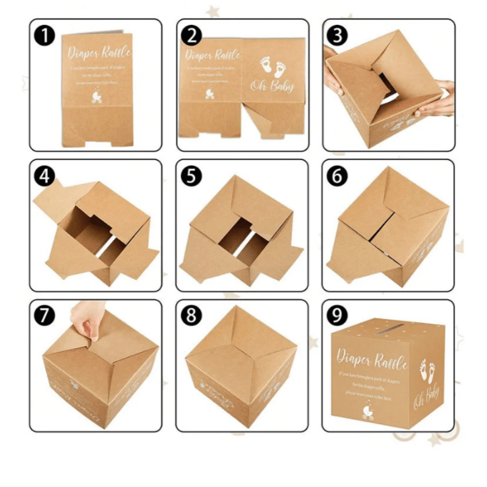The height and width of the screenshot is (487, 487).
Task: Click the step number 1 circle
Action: point(45,36)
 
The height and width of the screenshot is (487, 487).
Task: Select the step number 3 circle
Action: point(338,36)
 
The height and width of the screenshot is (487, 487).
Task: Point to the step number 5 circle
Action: point(191,176)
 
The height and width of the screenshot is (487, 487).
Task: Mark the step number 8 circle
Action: point(191,315)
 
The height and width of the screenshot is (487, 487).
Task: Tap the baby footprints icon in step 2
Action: point(273,67)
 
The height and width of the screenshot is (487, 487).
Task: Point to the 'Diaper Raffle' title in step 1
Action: point(99,54)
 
